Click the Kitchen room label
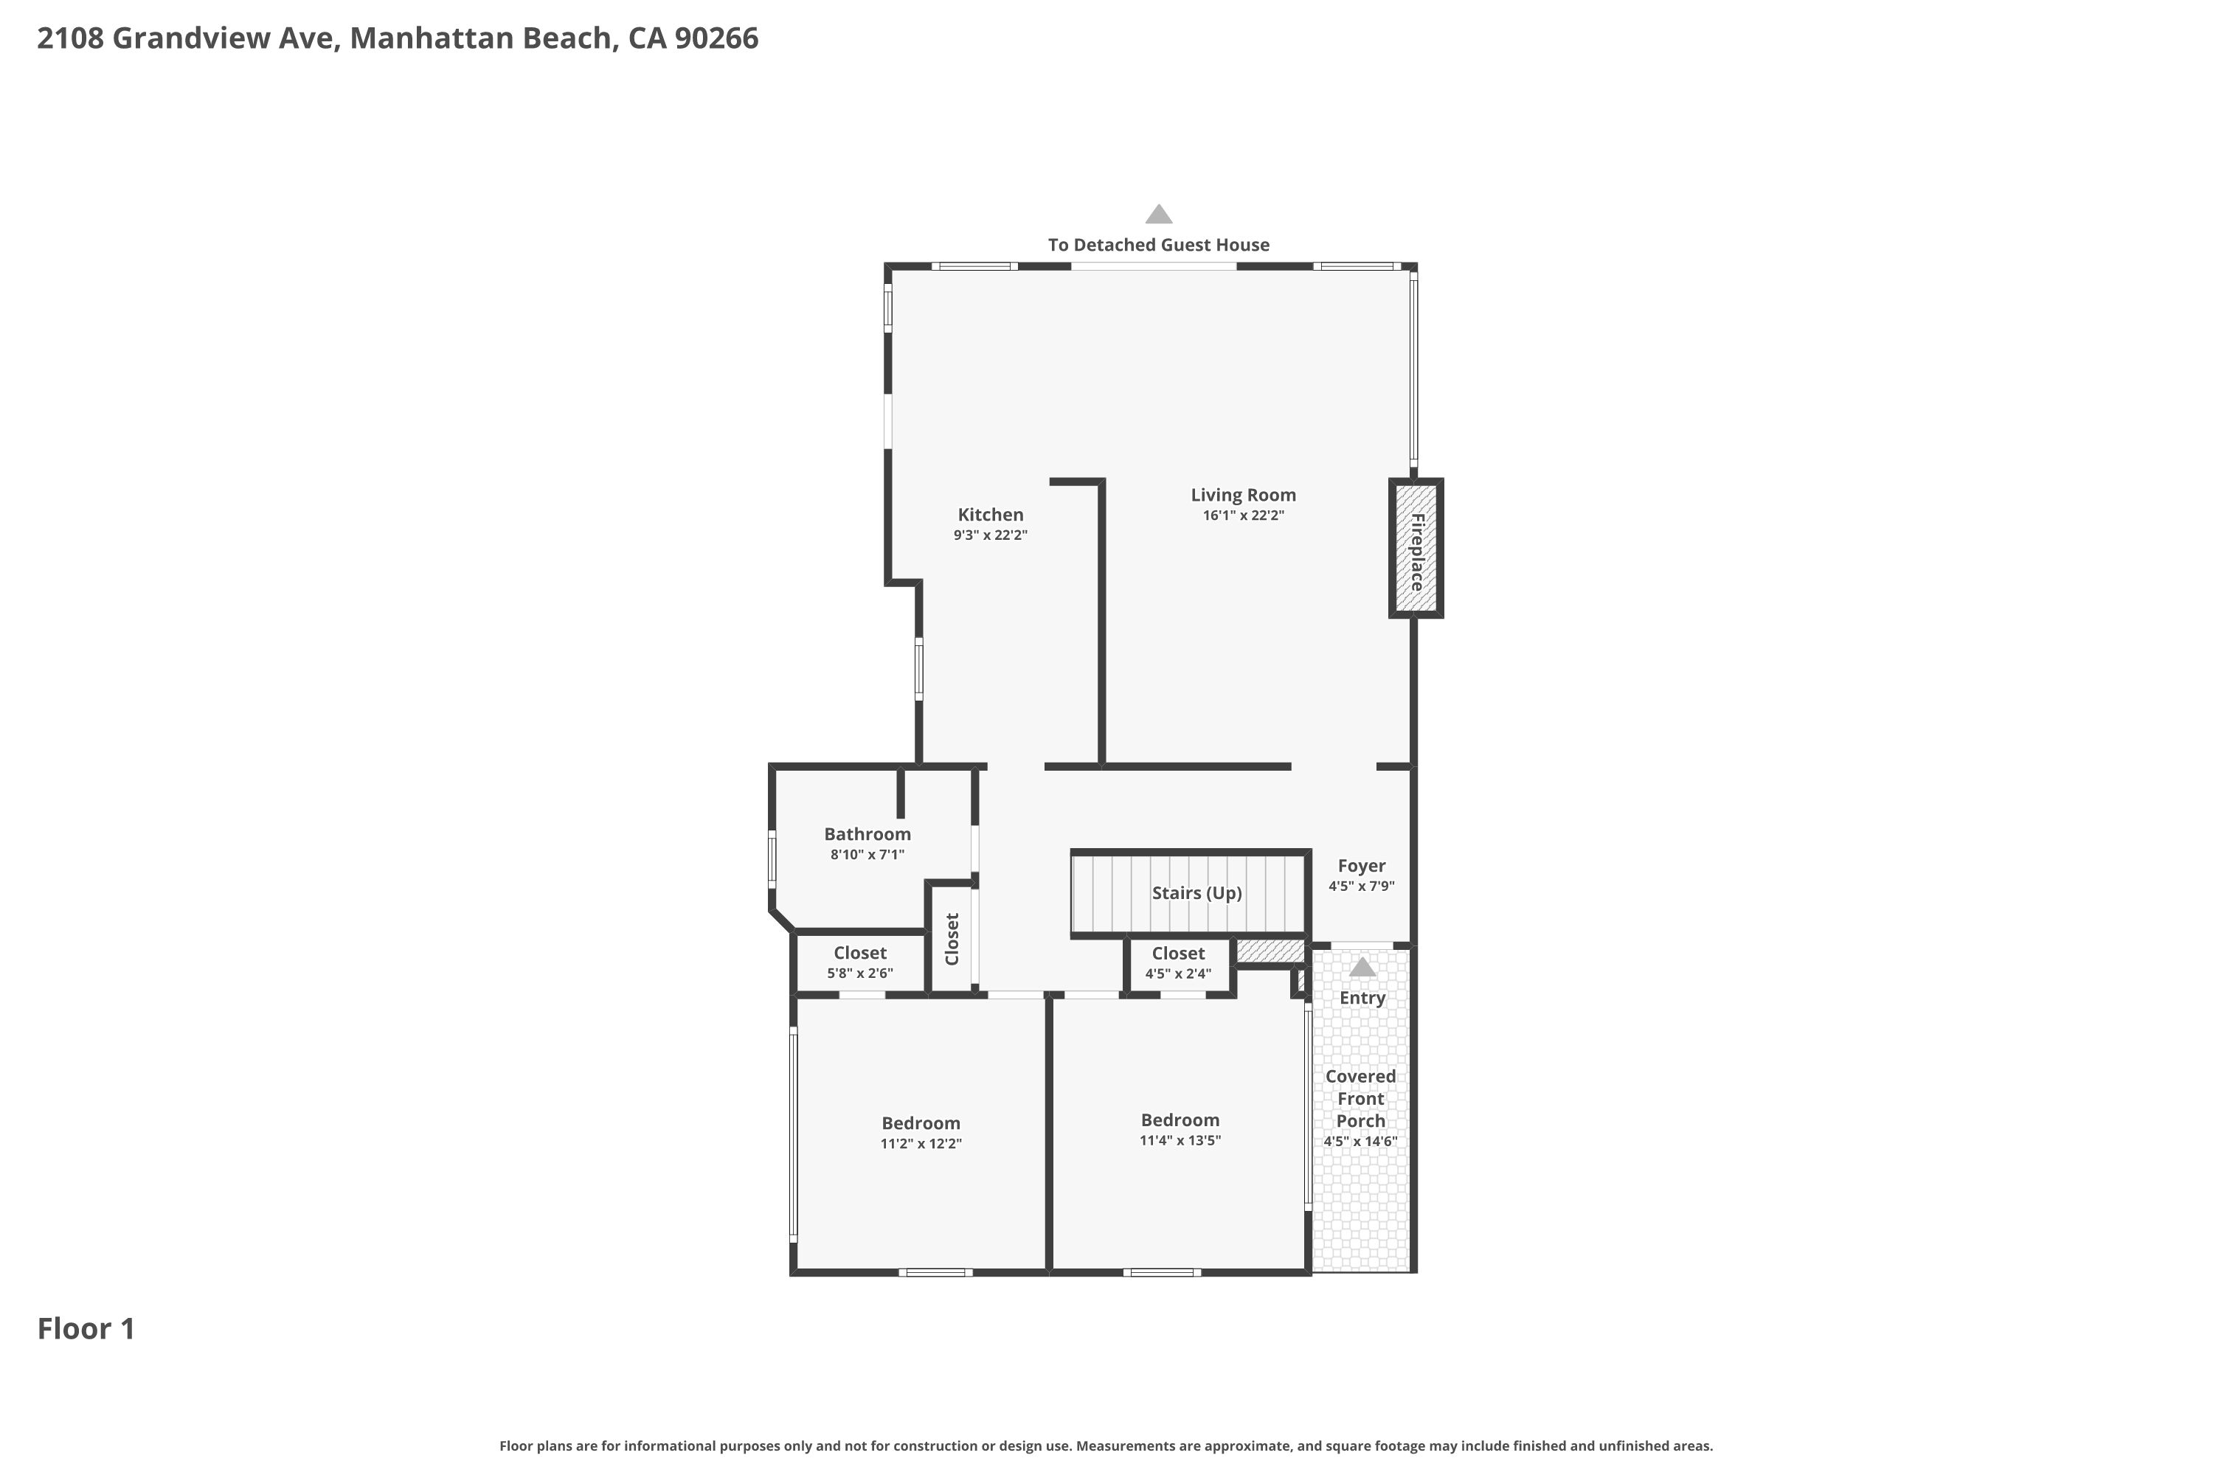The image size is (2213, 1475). pos(990,515)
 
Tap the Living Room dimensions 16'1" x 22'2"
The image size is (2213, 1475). pos(1243,516)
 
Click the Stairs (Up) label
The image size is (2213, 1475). pos(1196,892)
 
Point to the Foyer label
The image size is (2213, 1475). pos(1362,865)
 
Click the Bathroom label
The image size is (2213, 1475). pos(867,833)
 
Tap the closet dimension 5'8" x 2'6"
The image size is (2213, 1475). pos(860,974)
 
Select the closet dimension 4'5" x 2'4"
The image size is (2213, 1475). pos(1178,974)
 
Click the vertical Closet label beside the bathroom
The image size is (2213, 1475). pos(952,939)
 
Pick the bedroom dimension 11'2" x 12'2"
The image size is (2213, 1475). pos(921,1144)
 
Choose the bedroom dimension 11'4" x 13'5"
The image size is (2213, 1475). pos(1180,1141)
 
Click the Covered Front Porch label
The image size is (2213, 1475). pos(1360,1098)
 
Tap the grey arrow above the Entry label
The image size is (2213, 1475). pos(1362,967)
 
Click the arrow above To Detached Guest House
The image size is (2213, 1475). pos(1158,214)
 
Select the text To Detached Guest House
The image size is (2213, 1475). pos(1158,245)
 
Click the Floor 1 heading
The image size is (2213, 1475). pos(86,1328)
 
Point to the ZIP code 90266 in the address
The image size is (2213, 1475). pos(716,38)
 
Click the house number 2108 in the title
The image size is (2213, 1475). pos(71,38)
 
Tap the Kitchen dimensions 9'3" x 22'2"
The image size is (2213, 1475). pos(990,535)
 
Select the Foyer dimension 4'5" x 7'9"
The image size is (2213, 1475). pos(1362,886)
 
